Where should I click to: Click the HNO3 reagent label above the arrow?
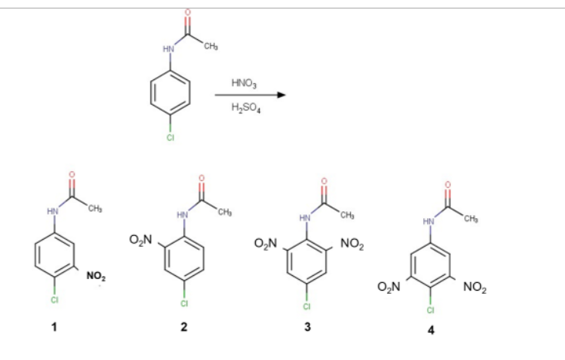(244, 82)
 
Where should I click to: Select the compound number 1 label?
(54, 327)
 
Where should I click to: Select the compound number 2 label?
(183, 327)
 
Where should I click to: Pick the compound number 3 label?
(308, 327)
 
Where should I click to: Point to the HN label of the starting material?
(167, 49)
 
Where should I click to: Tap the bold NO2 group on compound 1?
(96, 277)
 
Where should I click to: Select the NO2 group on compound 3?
(351, 244)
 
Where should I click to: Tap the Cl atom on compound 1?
(54, 299)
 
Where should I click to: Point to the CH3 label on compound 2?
(224, 213)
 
